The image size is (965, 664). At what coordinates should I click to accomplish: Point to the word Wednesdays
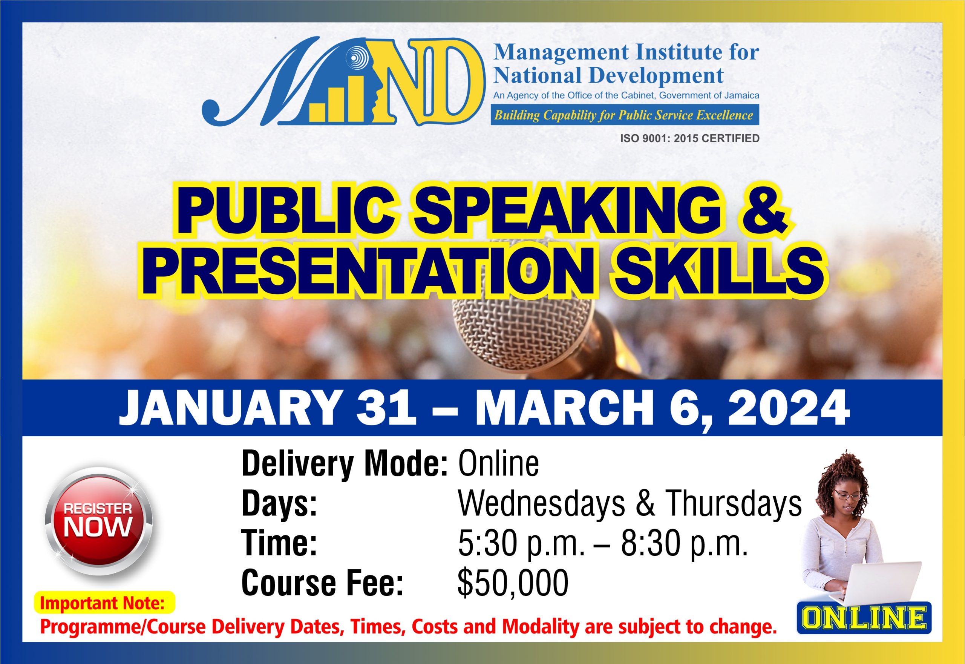541,504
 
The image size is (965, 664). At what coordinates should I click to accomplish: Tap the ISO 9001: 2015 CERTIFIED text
690,138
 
